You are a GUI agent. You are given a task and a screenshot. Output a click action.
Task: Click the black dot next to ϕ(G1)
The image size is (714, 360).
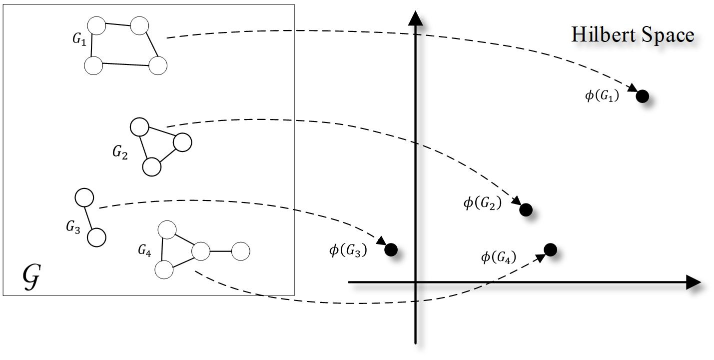click(642, 96)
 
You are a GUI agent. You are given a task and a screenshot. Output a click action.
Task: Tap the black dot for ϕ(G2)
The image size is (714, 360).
click(526, 209)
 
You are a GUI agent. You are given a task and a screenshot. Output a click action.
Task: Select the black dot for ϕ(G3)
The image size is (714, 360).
click(391, 249)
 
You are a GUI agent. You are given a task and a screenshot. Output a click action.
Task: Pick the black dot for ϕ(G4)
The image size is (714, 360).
click(550, 249)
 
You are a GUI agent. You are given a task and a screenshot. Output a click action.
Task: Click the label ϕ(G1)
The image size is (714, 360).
click(602, 95)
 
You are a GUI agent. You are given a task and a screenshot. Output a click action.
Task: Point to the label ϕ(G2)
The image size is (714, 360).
click(482, 203)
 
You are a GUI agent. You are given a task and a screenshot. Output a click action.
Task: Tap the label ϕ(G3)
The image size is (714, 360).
click(348, 249)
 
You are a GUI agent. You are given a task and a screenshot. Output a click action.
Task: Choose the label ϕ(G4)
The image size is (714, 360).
click(498, 257)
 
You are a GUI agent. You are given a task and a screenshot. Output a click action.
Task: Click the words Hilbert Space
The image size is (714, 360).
click(633, 35)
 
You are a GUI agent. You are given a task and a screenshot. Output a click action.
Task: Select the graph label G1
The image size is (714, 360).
click(79, 40)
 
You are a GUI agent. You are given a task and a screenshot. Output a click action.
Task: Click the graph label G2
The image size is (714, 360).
click(119, 152)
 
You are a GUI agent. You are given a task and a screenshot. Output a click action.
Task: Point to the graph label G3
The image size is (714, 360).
click(73, 227)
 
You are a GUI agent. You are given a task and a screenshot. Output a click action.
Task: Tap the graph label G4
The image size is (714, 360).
click(144, 250)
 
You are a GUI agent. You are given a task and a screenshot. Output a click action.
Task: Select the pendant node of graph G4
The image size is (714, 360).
click(241, 251)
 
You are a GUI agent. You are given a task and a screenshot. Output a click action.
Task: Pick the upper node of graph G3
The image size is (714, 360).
click(84, 197)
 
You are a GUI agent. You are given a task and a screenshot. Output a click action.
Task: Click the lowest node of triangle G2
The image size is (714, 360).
click(152, 167)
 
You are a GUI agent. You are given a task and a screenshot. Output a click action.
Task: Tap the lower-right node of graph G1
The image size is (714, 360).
click(158, 65)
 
